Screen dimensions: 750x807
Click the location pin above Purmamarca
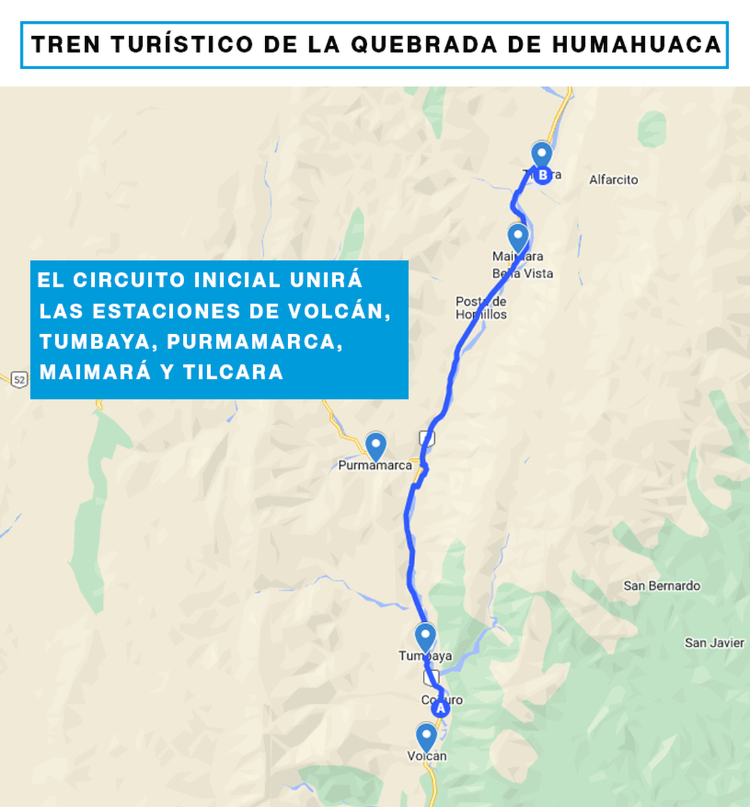tap(376, 445)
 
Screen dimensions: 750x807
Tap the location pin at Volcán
tap(426, 736)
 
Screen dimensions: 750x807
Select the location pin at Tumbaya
tap(425, 637)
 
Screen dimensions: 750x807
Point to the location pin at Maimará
tap(518, 236)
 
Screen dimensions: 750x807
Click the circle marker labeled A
tap(440, 708)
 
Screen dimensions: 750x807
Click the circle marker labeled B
tap(543, 175)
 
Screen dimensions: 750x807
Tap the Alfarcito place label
tap(613, 180)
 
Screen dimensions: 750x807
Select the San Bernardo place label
tap(662, 585)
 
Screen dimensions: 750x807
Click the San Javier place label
tap(714, 643)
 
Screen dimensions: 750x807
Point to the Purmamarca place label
tap(375, 465)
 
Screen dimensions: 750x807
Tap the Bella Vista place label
tap(523, 274)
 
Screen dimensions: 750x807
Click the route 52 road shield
tap(19, 379)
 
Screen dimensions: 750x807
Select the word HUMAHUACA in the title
tap(636, 45)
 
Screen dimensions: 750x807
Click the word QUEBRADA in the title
tap(424, 45)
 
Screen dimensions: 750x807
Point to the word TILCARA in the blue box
tap(233, 372)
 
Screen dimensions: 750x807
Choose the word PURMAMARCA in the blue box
tap(255, 342)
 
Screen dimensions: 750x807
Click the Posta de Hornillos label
tap(481, 308)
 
